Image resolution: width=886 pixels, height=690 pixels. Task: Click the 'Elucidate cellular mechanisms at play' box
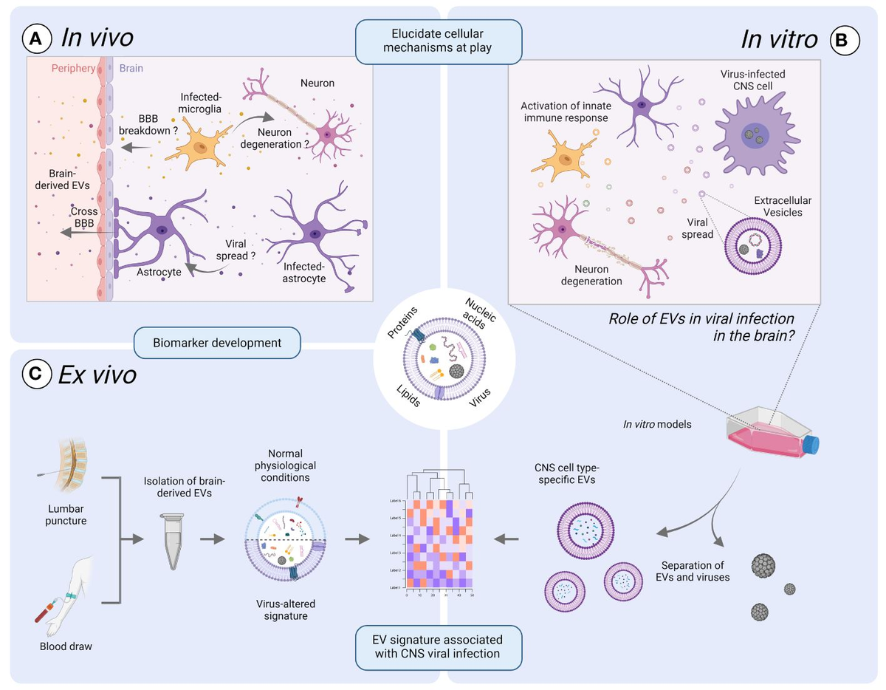click(x=439, y=41)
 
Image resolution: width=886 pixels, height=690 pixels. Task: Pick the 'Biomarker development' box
click(x=217, y=342)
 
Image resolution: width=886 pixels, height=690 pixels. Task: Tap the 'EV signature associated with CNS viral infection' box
click(x=439, y=646)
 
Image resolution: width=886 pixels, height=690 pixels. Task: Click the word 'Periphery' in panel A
click(x=73, y=69)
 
